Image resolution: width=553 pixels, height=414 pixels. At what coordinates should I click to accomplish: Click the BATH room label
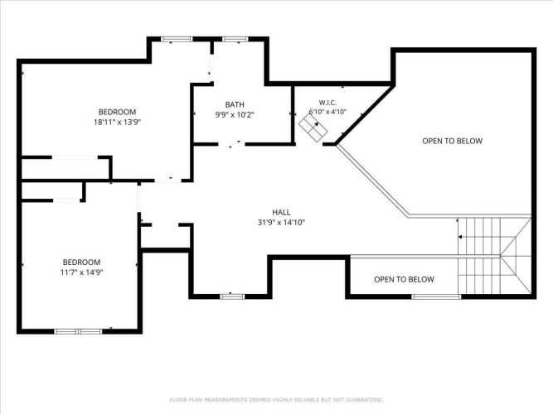click(235, 104)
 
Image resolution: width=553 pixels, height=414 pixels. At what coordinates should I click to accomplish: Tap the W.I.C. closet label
click(327, 103)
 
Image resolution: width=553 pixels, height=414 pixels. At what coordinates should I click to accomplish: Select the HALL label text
click(281, 212)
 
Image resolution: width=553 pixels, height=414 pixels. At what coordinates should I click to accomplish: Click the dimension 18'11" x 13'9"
click(117, 123)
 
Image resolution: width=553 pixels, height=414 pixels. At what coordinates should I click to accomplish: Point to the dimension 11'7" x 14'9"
click(81, 272)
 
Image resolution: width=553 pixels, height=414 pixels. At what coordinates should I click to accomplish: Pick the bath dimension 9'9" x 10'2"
click(235, 114)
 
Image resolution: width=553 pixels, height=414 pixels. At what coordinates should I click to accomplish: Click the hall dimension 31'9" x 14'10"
click(281, 223)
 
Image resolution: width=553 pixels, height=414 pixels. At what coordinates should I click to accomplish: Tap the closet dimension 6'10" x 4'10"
click(327, 112)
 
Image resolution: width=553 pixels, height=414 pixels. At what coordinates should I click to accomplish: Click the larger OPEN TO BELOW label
click(452, 141)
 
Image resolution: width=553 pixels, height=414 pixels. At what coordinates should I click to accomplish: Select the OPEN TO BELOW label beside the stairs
click(404, 279)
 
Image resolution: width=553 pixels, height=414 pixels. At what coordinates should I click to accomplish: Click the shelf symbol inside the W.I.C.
click(313, 128)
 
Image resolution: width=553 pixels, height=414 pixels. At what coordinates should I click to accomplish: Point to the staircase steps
click(494, 256)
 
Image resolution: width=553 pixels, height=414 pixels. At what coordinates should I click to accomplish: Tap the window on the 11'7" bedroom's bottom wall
click(78, 331)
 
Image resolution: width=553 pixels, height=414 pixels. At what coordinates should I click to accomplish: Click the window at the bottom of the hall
click(232, 296)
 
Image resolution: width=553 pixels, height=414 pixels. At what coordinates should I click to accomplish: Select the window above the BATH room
click(235, 39)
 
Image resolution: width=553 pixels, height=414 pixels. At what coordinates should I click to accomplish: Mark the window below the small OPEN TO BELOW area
click(436, 296)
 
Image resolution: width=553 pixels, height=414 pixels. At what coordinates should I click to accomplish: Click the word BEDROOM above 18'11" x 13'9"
click(117, 112)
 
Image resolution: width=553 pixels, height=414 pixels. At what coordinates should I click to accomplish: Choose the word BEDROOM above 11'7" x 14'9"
click(81, 262)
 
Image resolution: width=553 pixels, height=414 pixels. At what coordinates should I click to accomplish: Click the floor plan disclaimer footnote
click(276, 400)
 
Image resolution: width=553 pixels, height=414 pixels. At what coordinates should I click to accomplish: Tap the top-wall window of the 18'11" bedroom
click(177, 39)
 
